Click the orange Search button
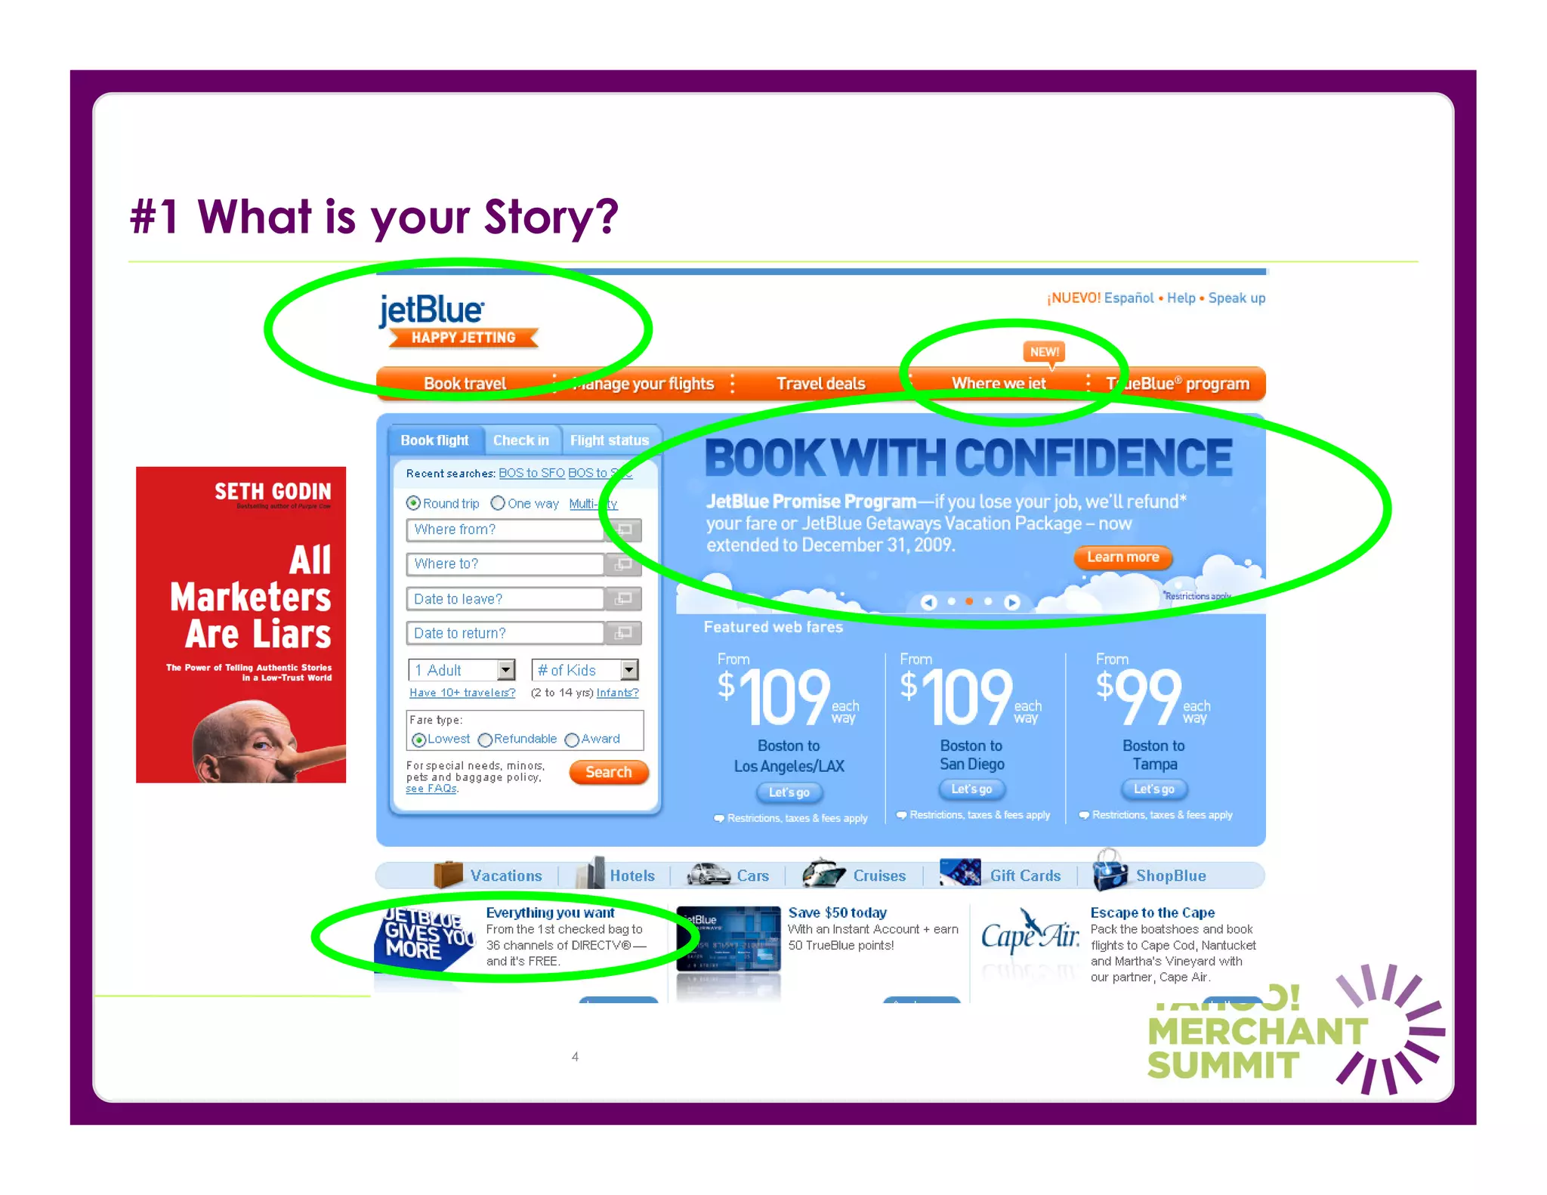pyautogui.click(x=608, y=772)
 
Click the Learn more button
pyautogui.click(x=1122, y=557)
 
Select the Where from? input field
pyautogui.click(x=505, y=530)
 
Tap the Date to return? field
pyautogui.click(x=505, y=633)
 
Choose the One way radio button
pyautogui.click(x=498, y=503)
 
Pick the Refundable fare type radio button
pyautogui.click(x=486, y=740)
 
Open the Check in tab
pyautogui.click(x=520, y=440)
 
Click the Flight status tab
pyautogui.click(x=609, y=440)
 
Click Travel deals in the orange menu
pyautogui.click(x=820, y=384)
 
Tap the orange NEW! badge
pyautogui.click(x=1044, y=352)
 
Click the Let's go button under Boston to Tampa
pyautogui.click(x=1153, y=789)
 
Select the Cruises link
pyautogui.click(x=878, y=875)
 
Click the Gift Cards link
pyautogui.click(x=1025, y=875)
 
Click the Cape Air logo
pyautogui.click(x=1030, y=936)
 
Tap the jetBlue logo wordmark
pyautogui.click(x=431, y=310)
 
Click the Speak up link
pyautogui.click(x=1236, y=298)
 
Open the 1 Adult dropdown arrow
pyautogui.click(x=506, y=670)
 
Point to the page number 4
pyautogui.click(x=575, y=1057)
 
